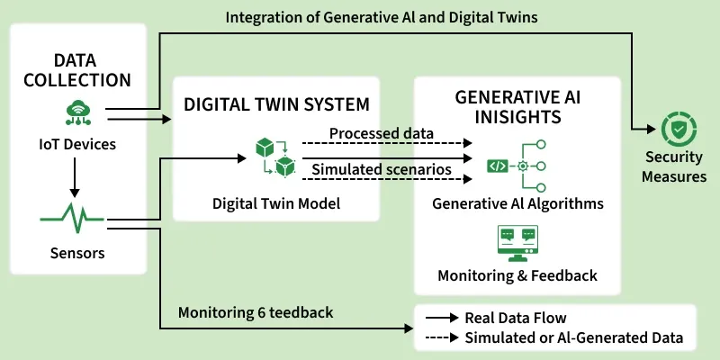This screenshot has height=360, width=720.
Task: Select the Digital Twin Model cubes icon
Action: tap(275, 157)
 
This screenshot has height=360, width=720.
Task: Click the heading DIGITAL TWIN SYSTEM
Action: tap(276, 103)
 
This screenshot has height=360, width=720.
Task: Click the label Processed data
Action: tap(381, 134)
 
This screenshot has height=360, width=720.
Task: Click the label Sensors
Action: tap(76, 253)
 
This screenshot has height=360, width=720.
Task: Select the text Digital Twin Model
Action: tap(276, 203)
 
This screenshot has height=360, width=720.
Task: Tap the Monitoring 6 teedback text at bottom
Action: tap(256, 313)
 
